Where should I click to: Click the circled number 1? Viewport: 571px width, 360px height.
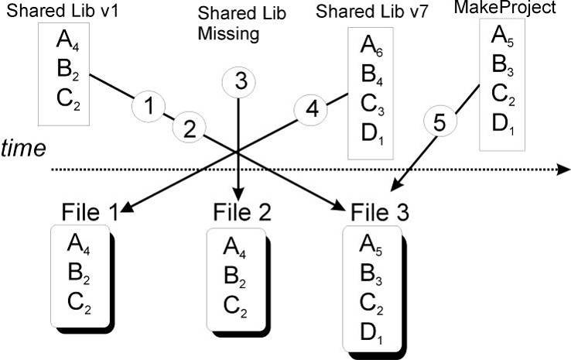point(149,105)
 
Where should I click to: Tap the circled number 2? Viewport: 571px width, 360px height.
point(189,129)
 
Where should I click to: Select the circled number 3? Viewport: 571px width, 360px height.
point(239,82)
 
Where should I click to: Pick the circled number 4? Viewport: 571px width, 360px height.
point(310,109)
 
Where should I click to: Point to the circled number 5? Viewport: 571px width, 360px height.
point(440,122)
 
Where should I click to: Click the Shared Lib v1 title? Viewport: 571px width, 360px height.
point(62,11)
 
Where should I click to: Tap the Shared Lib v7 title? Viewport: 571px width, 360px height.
point(371,12)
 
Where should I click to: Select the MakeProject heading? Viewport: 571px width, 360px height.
point(504,7)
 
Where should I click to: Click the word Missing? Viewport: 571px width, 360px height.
point(228,34)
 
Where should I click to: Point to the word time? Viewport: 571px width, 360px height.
point(23,149)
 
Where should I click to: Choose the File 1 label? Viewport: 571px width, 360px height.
point(90,212)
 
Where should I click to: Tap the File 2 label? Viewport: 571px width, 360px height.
point(242,212)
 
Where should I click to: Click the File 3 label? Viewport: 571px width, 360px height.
point(380,212)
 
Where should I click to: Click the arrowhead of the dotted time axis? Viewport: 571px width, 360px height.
point(565,170)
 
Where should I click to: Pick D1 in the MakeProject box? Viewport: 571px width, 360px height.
point(504,125)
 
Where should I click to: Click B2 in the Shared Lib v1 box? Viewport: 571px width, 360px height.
point(68,70)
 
